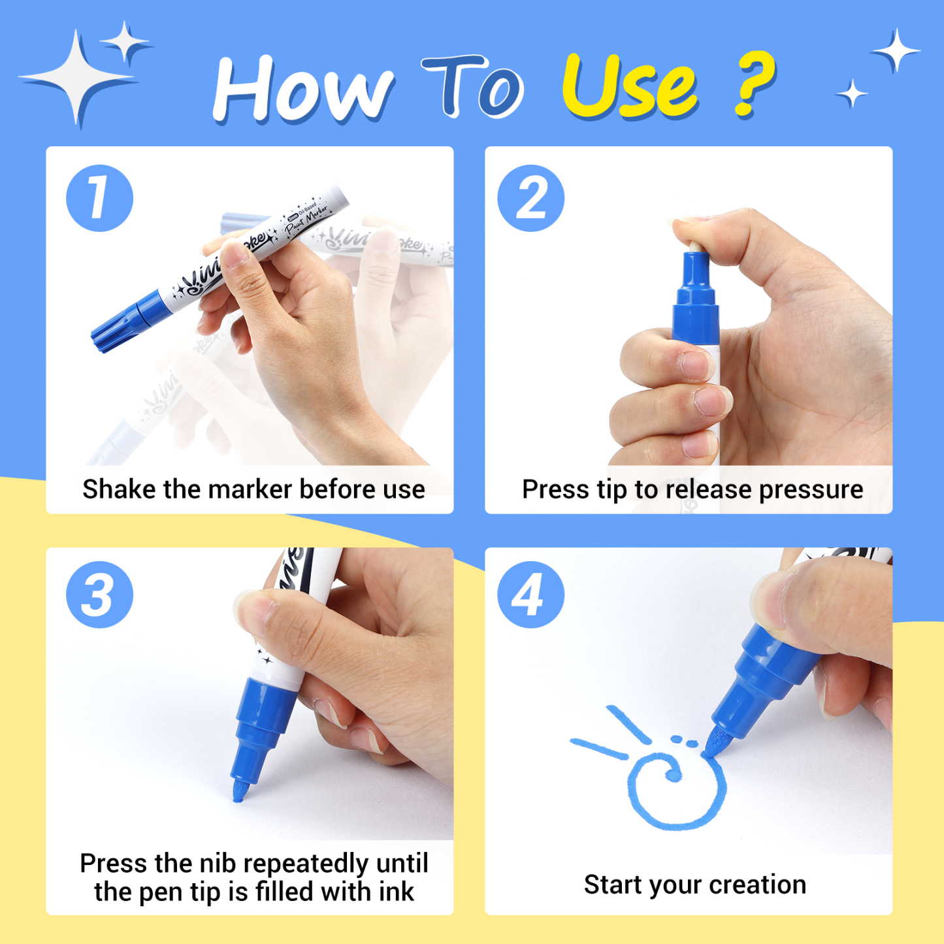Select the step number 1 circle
click(x=99, y=198)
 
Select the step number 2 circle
click(x=530, y=198)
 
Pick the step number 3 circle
click(x=99, y=594)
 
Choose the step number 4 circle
click(x=530, y=594)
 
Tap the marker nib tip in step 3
click(x=239, y=792)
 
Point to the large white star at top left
click(x=78, y=78)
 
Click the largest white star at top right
click(x=896, y=50)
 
